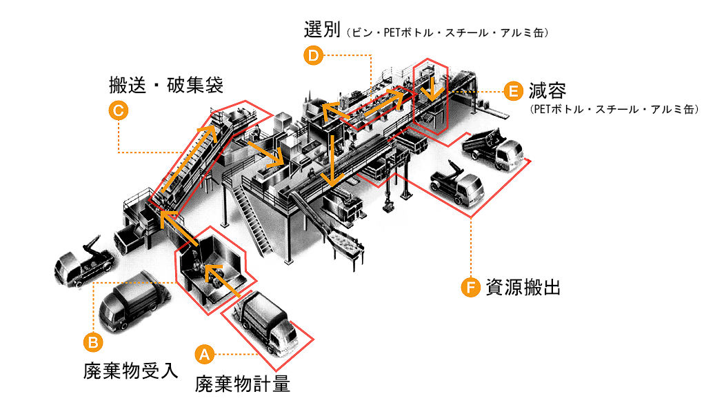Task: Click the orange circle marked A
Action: pyautogui.click(x=203, y=354)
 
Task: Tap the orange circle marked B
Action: pyautogui.click(x=93, y=341)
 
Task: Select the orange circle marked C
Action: pyautogui.click(x=118, y=110)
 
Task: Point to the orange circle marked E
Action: pyautogui.click(x=512, y=91)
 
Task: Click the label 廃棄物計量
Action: pyautogui.click(x=242, y=383)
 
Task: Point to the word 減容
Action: pyautogui.click(x=547, y=90)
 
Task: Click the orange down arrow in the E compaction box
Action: pyautogui.click(x=432, y=88)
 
